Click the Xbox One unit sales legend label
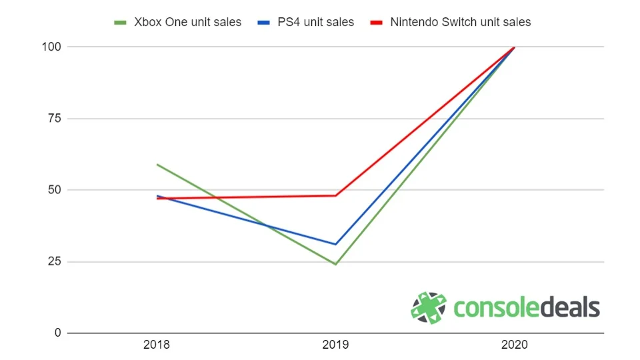[x=187, y=22]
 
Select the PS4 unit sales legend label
[x=315, y=22]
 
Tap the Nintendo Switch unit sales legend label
[x=460, y=22]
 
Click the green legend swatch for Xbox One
[x=121, y=23]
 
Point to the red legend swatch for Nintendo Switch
[x=377, y=23]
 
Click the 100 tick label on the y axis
[x=53, y=47]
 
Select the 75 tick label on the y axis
[x=55, y=119]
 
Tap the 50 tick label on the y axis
[x=55, y=190]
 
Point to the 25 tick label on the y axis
[x=55, y=261]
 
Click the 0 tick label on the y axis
[x=58, y=333]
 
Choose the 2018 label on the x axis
[x=157, y=345]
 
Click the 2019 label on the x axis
[x=335, y=345]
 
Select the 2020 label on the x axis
[x=514, y=345]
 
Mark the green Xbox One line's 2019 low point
[x=335, y=264]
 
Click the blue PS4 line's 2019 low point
[x=335, y=244]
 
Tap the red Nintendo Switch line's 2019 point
[x=335, y=195]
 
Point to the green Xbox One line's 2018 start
[x=157, y=164]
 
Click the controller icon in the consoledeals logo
[x=429, y=308]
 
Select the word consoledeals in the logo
[x=527, y=308]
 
